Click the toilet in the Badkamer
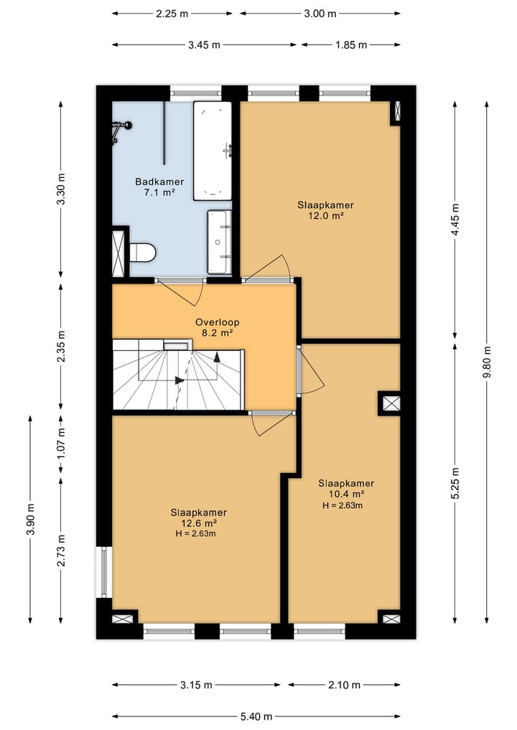point(141,253)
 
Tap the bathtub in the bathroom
point(213,150)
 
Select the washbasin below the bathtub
point(219,242)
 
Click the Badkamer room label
point(159,182)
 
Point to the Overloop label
point(218,322)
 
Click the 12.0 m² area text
point(325,215)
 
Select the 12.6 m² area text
point(198,523)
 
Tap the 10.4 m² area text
point(346,494)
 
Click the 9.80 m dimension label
point(487,362)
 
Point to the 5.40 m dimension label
point(256,716)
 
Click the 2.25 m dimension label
point(172,14)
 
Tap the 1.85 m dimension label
point(351,45)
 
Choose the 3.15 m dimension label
point(196,685)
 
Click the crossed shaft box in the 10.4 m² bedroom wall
point(391,403)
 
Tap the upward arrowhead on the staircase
point(217,357)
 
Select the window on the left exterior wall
point(104,572)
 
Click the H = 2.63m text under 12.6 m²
point(195,534)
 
